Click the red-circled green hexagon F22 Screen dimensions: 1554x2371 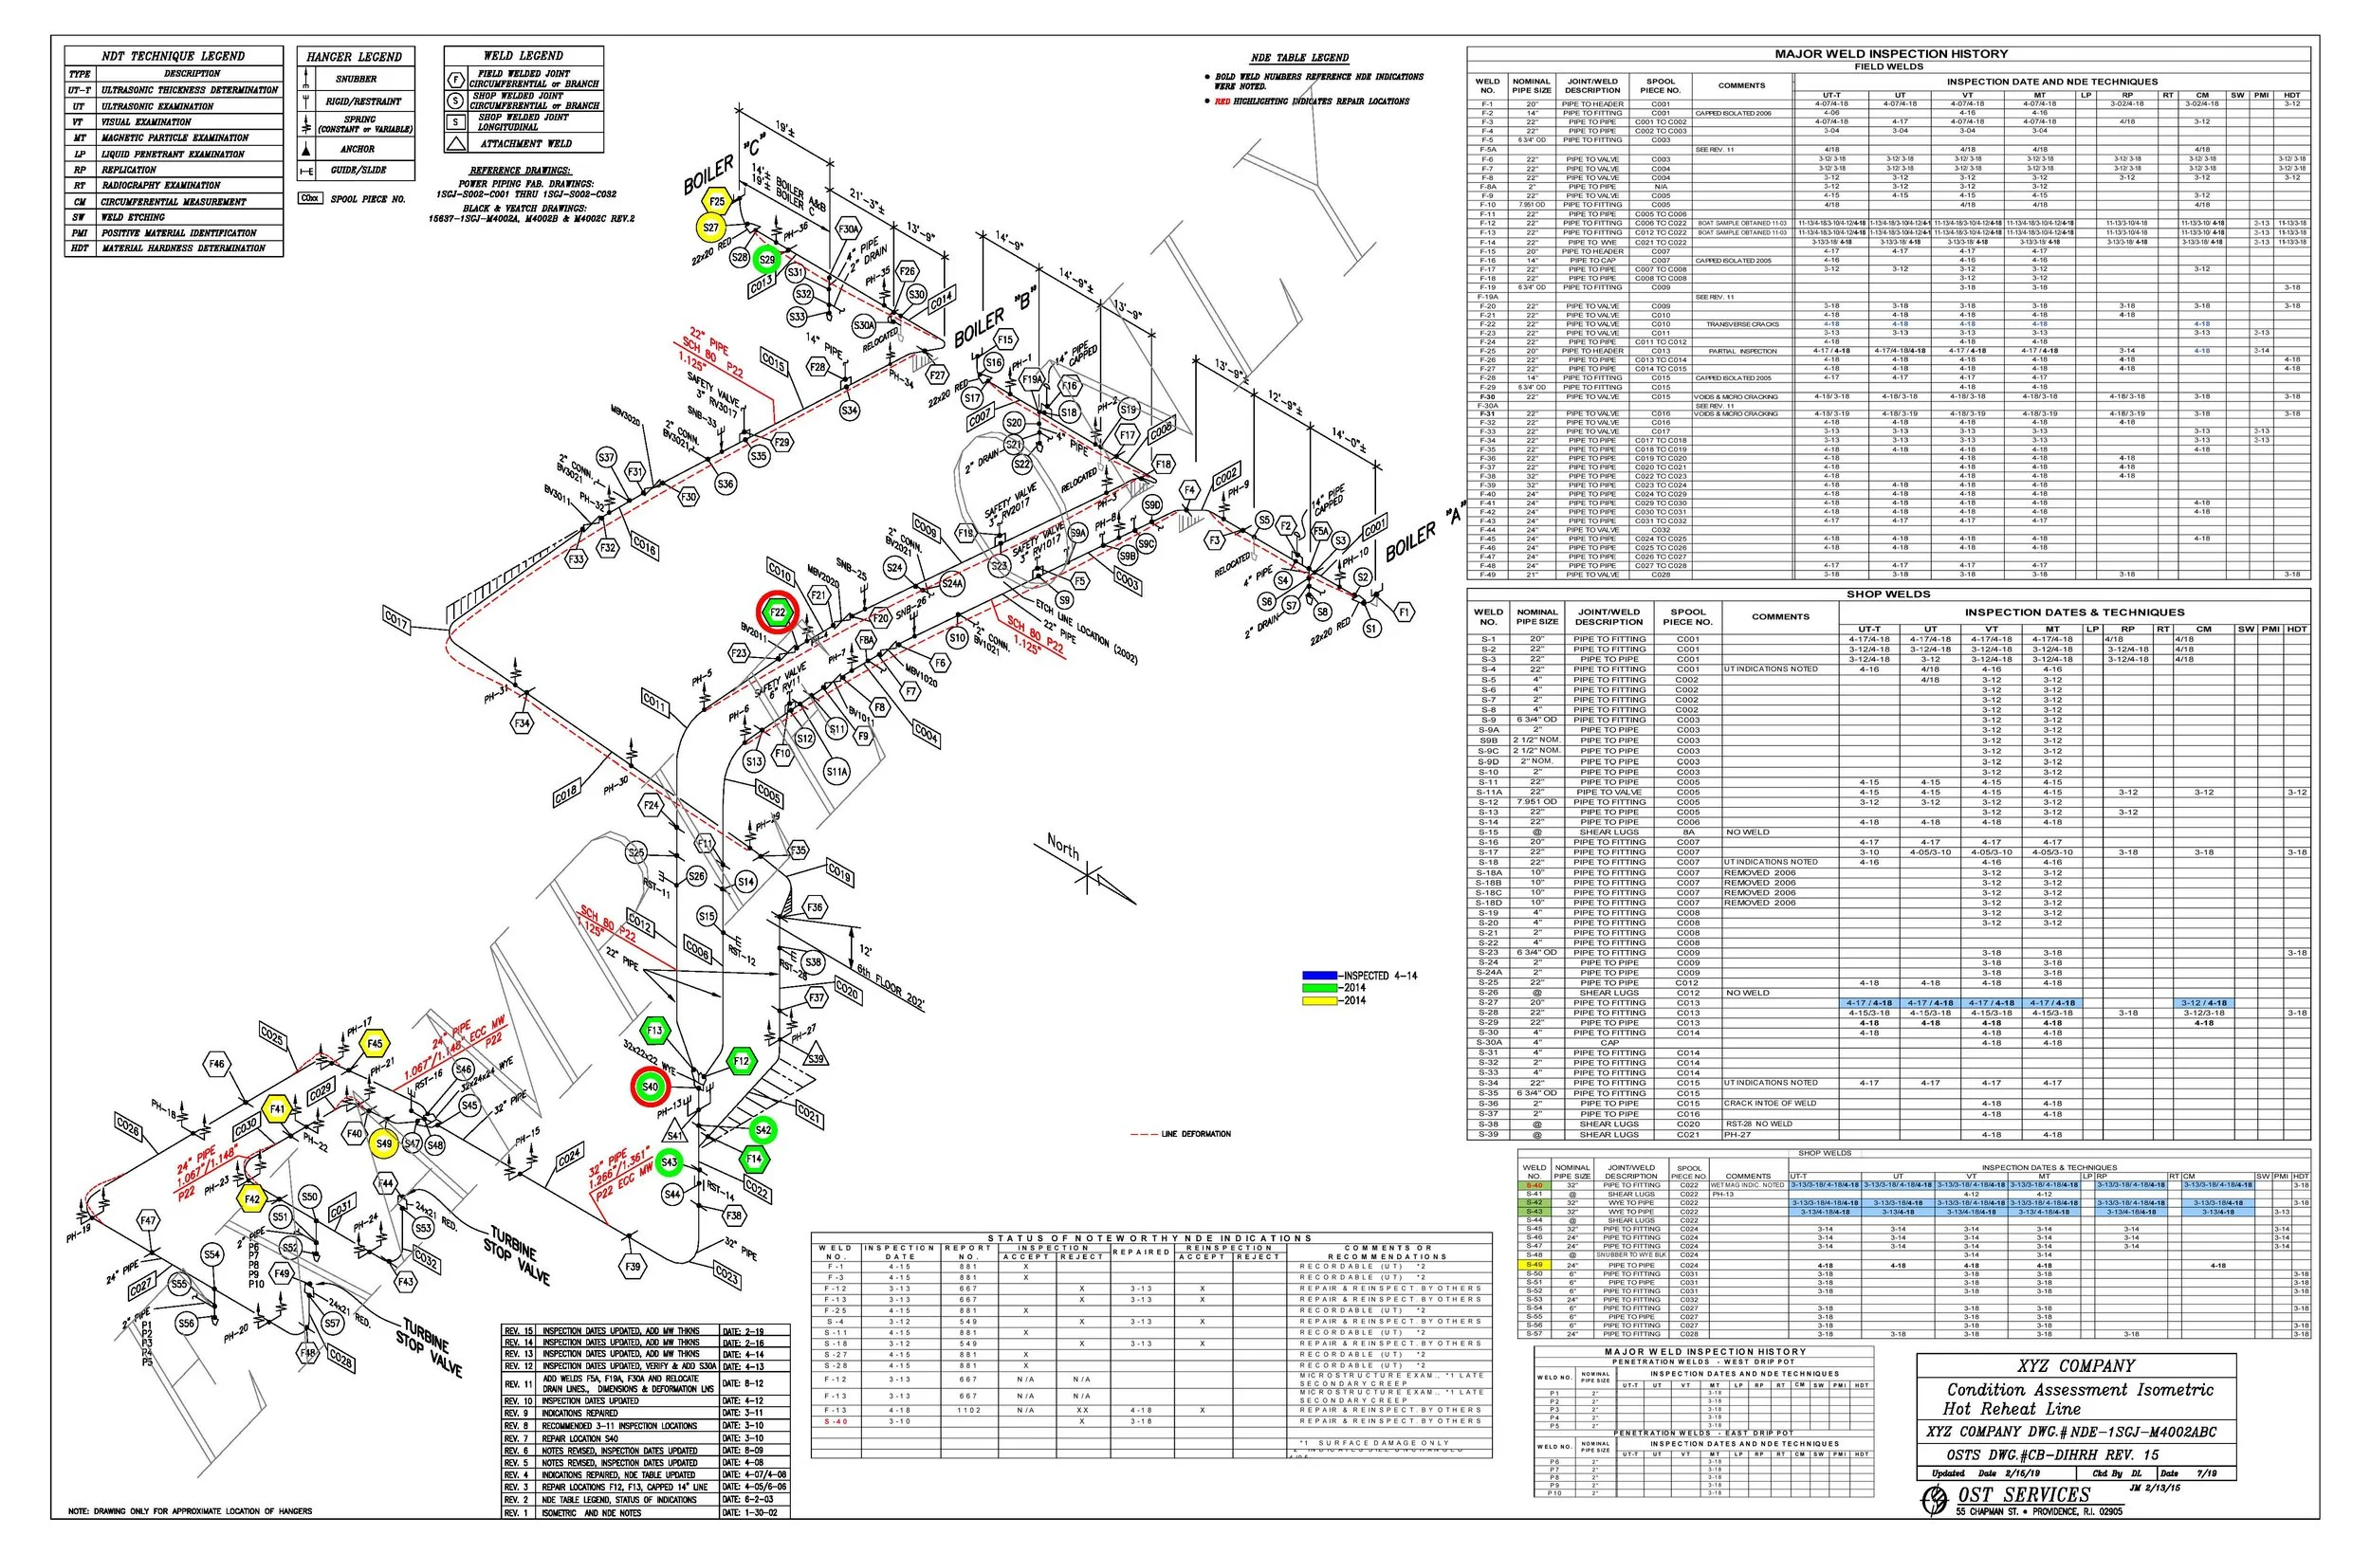pyautogui.click(x=777, y=612)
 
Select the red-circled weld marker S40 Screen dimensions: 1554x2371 pyautogui.click(x=650, y=1086)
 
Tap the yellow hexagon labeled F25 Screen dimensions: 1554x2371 pyautogui.click(x=717, y=201)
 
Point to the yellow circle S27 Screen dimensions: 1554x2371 pyautogui.click(x=710, y=228)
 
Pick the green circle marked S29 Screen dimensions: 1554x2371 pyautogui.click(x=766, y=260)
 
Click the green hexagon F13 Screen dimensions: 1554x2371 pyautogui.click(x=654, y=1031)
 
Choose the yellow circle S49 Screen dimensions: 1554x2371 pyautogui.click(x=383, y=1143)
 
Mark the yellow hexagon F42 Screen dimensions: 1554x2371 pyautogui.click(x=252, y=1199)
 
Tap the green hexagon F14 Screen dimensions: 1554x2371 pyautogui.click(x=754, y=1159)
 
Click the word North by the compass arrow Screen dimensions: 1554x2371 pyautogui.click(x=1063, y=847)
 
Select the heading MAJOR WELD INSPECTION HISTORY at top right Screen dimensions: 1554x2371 pyautogui.click(x=1891, y=54)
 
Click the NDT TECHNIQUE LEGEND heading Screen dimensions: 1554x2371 pyautogui.click(x=174, y=56)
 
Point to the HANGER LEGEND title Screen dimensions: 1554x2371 pyautogui.click(x=355, y=57)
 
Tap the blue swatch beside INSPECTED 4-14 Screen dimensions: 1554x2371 pyautogui.click(x=1320, y=977)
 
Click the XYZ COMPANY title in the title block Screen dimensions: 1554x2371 pyautogui.click(x=2075, y=1365)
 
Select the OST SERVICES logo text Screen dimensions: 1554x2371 pyautogui.click(x=2022, y=1494)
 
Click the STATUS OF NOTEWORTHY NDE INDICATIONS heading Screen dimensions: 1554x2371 pyautogui.click(x=1149, y=1238)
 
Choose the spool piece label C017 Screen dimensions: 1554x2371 pyautogui.click(x=396, y=622)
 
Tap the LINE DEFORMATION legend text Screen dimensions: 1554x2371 pyautogui.click(x=1196, y=1134)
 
